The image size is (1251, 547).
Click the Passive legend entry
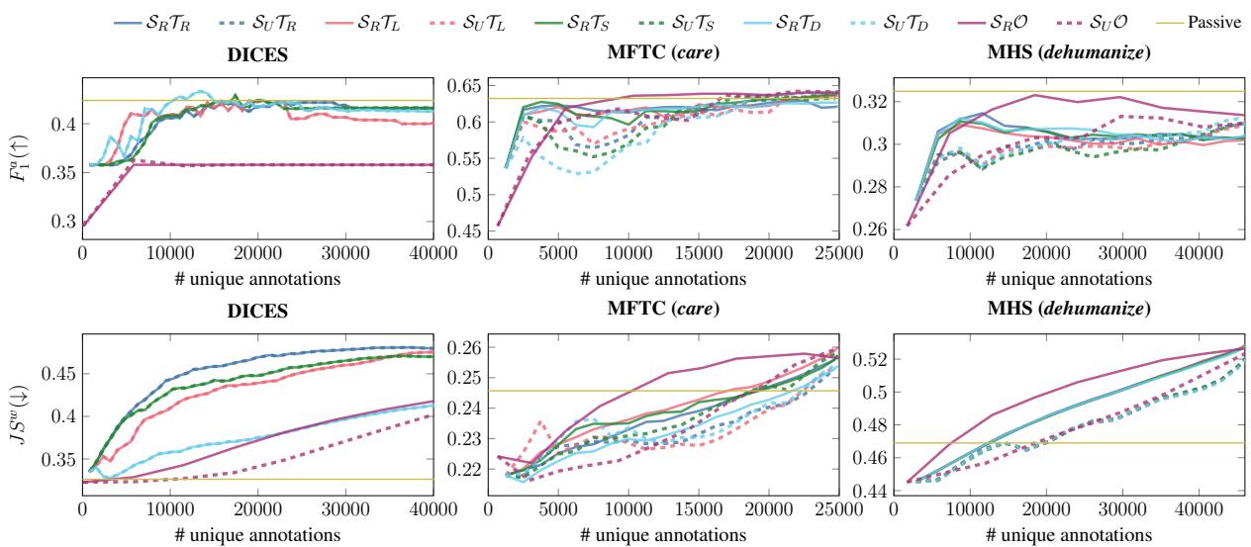[1214, 20]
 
